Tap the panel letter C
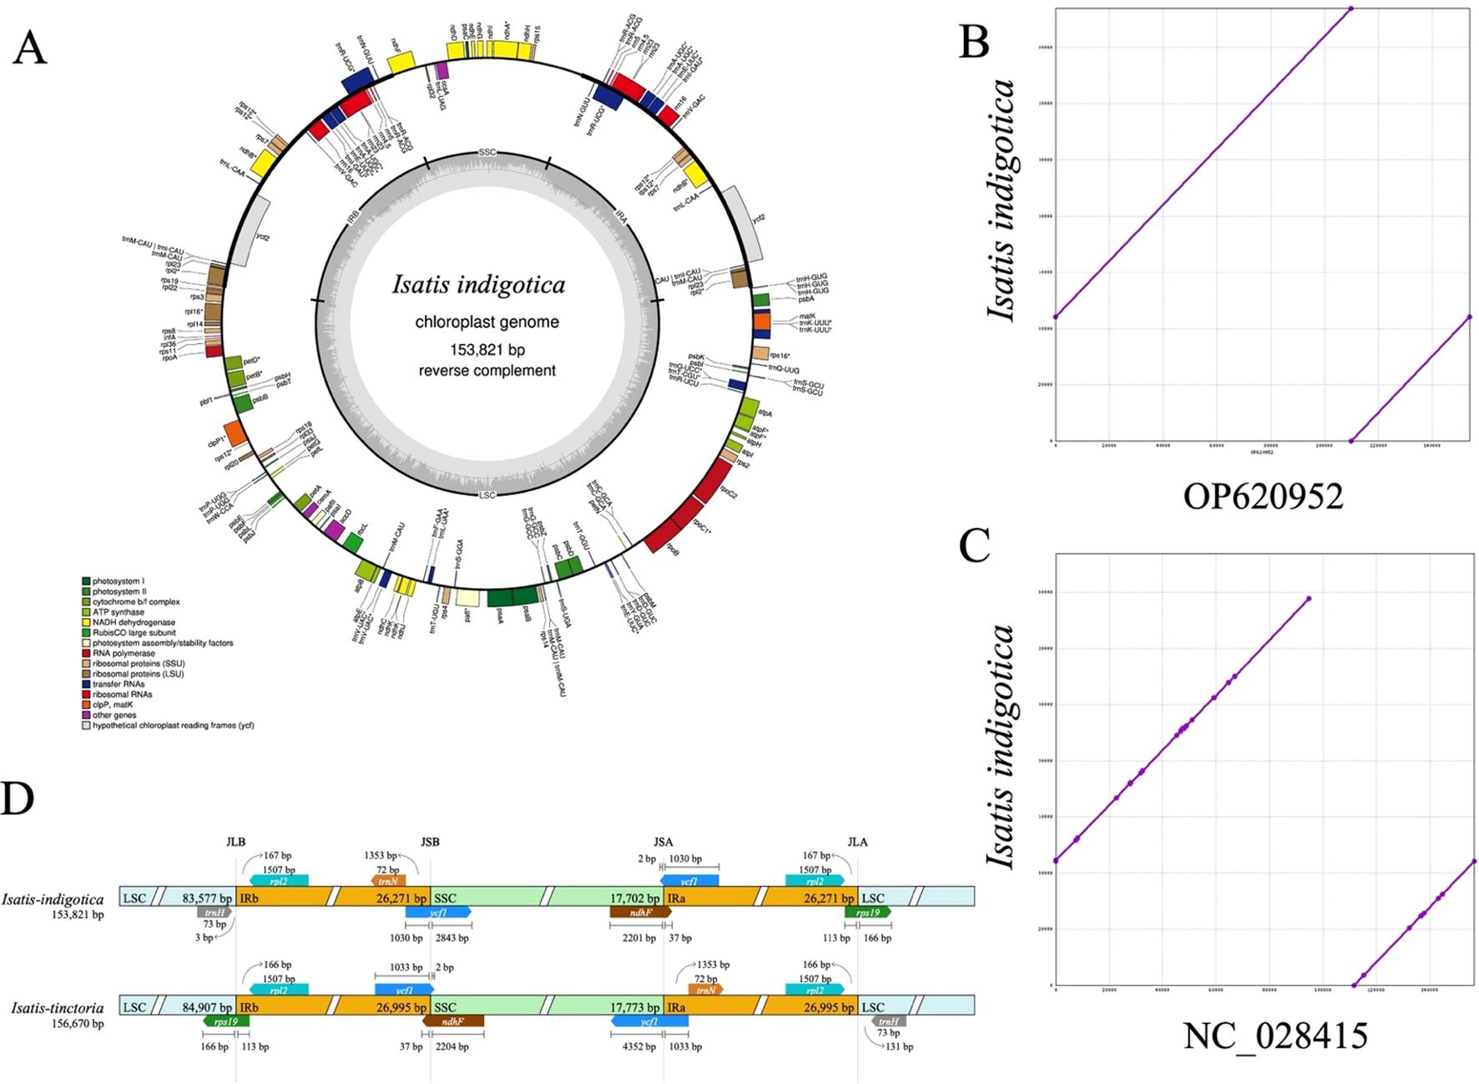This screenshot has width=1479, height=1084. pos(974,547)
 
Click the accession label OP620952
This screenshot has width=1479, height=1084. pos(1263,497)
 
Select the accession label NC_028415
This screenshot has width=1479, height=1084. pos(1275,1036)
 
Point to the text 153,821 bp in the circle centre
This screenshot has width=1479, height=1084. pos(487,349)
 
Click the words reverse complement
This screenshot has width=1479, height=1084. pos(487,370)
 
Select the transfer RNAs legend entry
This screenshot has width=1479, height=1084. pos(118,684)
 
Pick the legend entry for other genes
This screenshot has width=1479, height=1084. pos(114,715)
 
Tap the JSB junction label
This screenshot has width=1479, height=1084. pos(430,842)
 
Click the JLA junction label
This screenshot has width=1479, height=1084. pos(857,842)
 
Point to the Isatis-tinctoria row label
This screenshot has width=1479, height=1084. pos(58,1008)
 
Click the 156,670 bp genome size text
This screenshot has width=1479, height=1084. pos(78,1023)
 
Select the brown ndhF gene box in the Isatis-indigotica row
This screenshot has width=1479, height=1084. pos(640,913)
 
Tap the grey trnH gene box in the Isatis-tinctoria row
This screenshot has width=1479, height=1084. pos(888,1021)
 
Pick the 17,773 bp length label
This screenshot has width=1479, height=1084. pos(634,1008)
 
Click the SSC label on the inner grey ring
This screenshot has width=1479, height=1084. pos(487,152)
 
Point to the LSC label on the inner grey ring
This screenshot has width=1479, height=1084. pos(487,495)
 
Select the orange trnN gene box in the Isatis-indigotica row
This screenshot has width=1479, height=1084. pos(387,880)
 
